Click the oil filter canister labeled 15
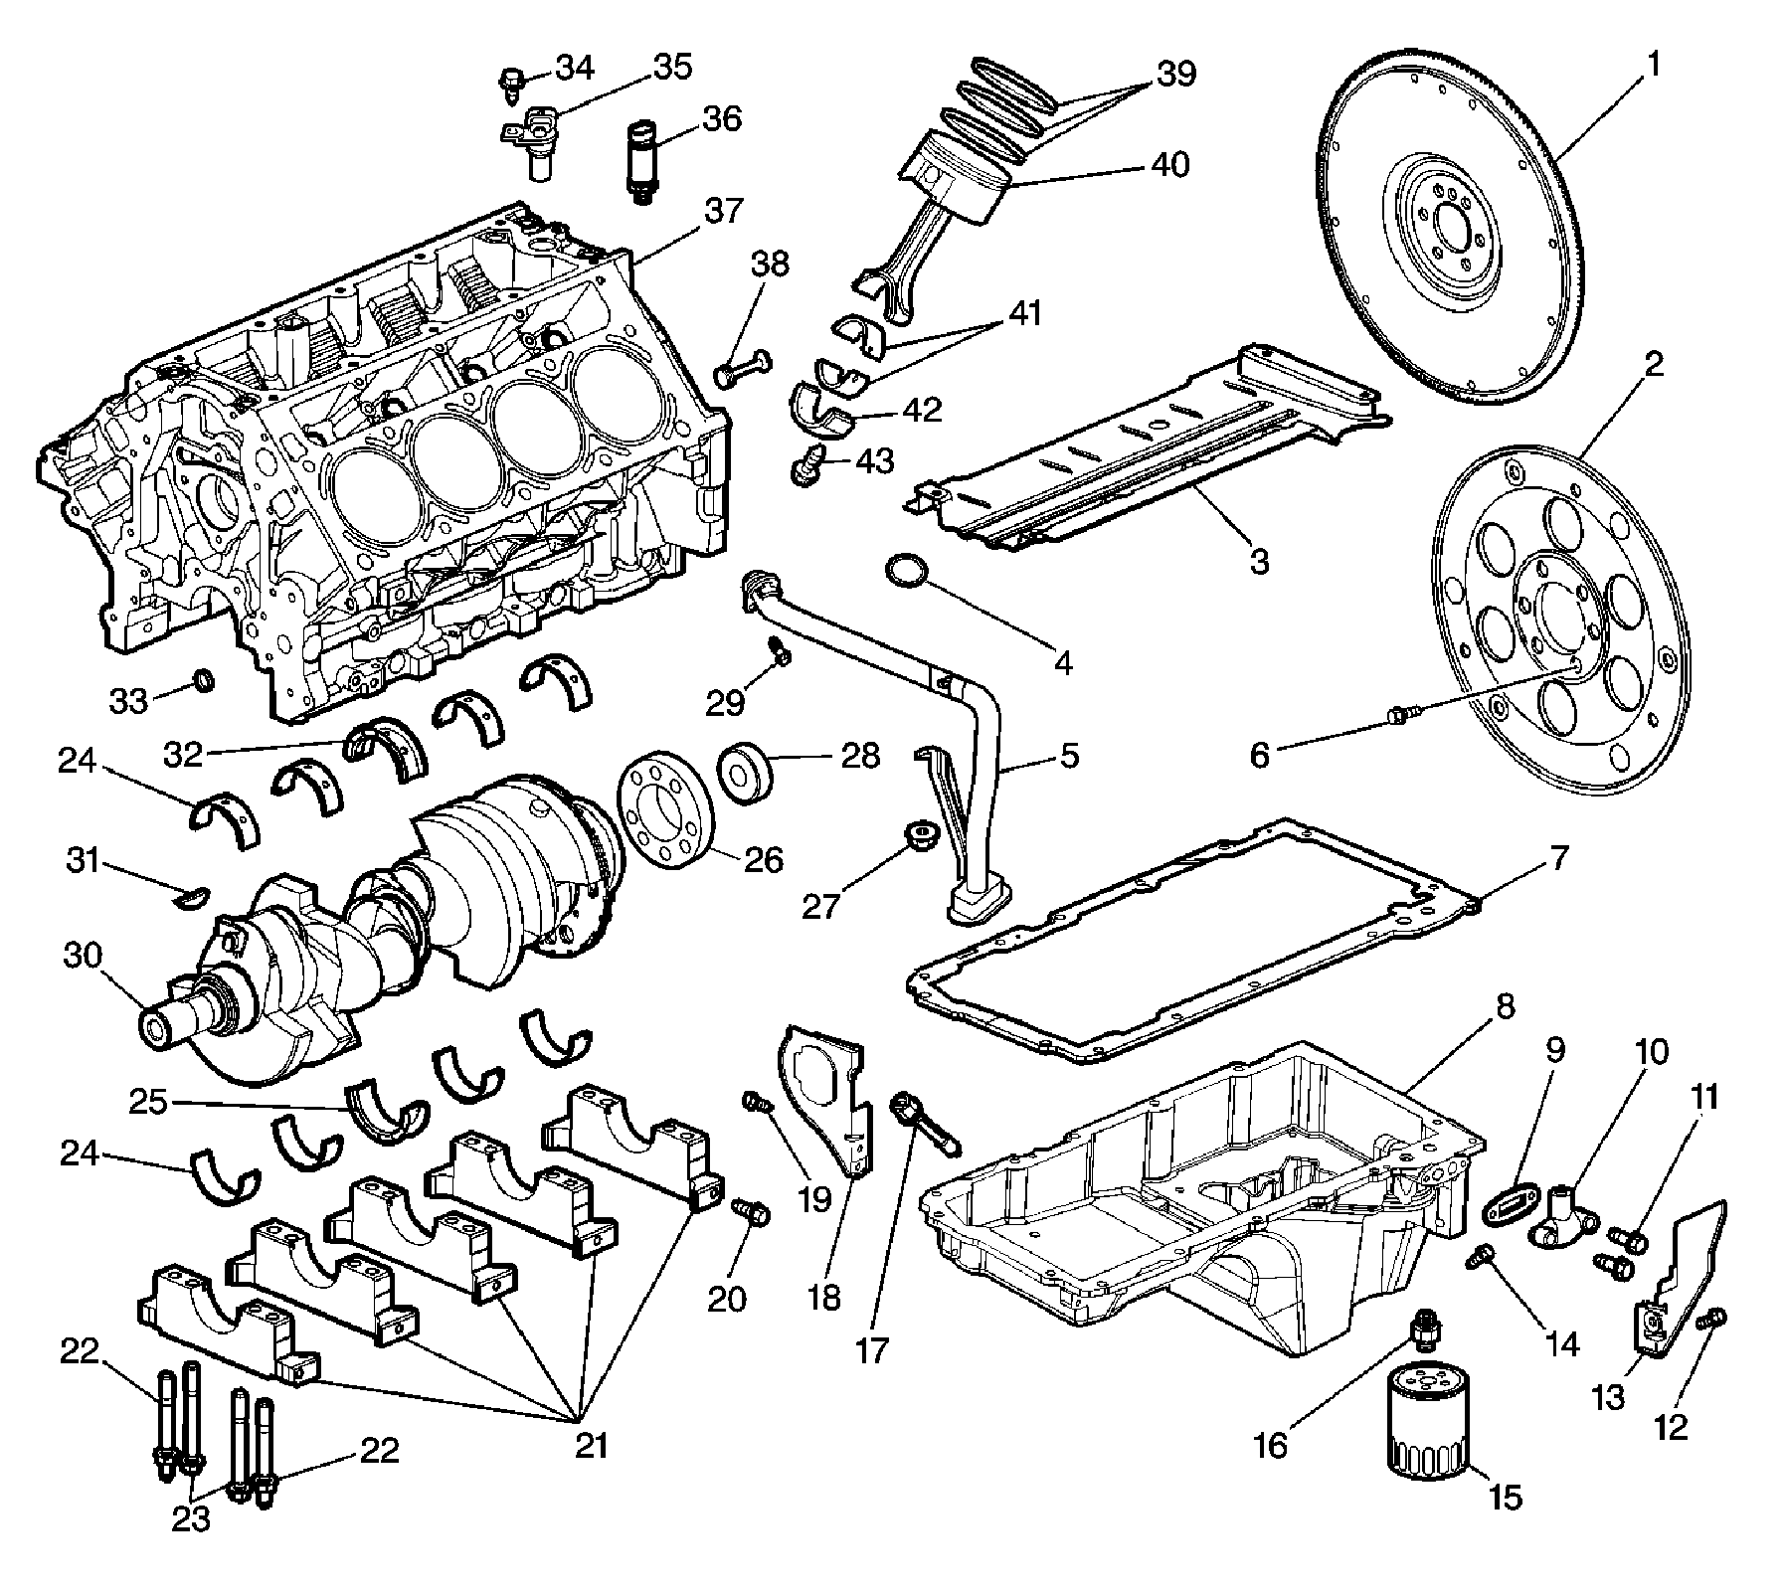click(1425, 1433)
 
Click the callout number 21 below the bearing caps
click(592, 1444)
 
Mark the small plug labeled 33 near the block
click(203, 680)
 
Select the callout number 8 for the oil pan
click(1504, 1007)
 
